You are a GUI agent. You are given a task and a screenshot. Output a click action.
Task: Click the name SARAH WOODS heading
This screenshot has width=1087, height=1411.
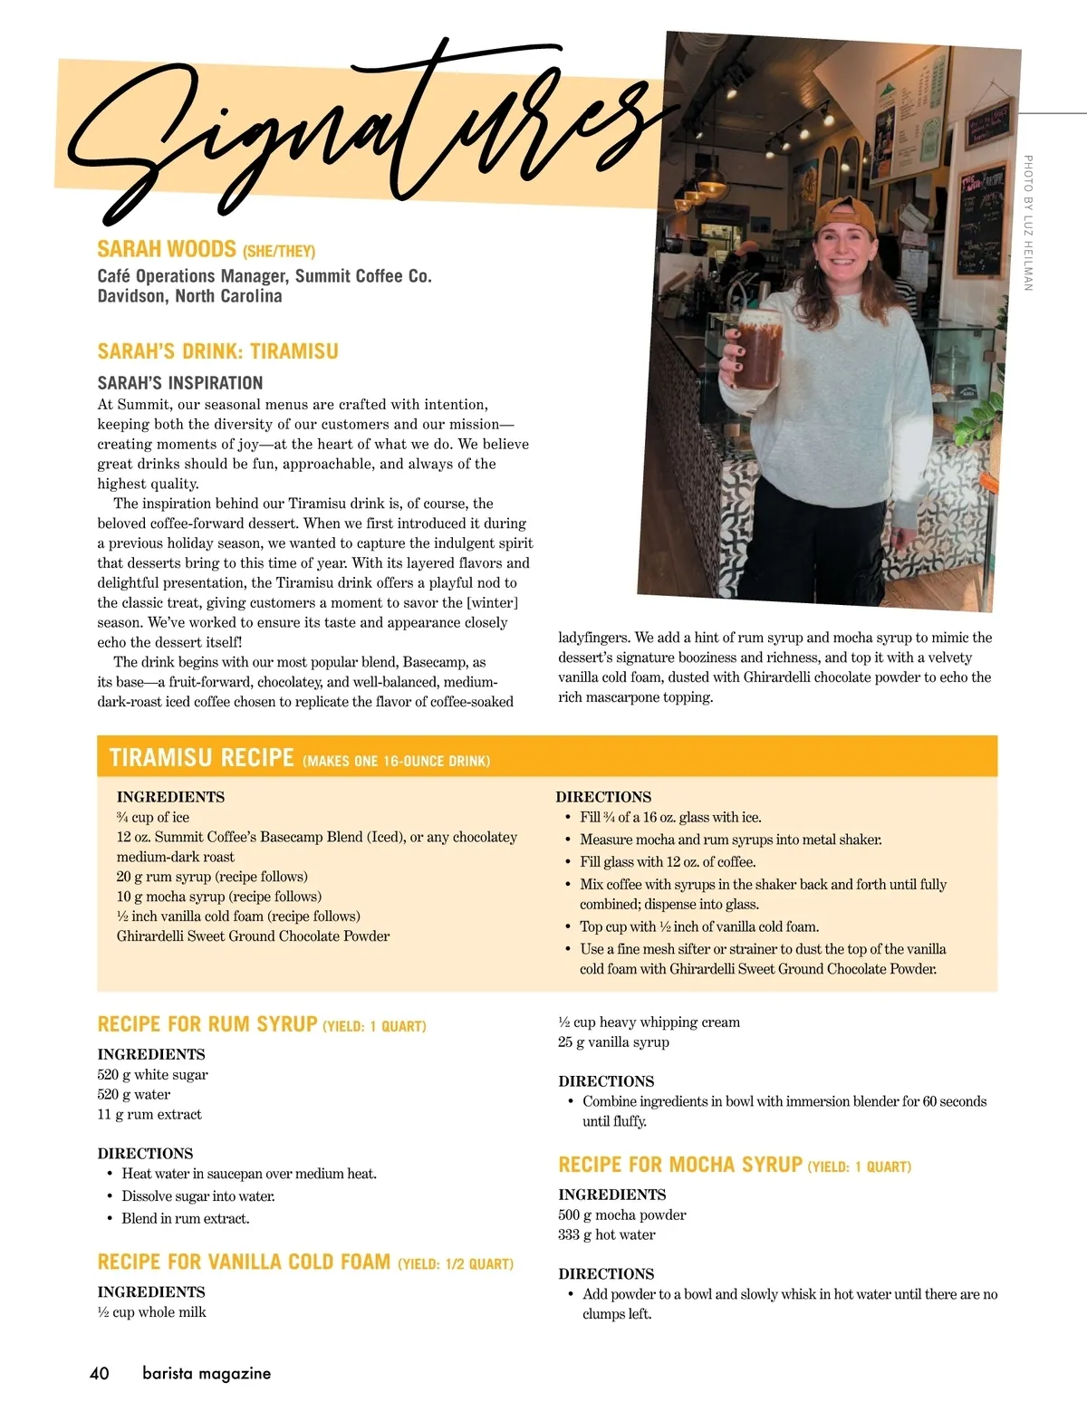click(x=167, y=249)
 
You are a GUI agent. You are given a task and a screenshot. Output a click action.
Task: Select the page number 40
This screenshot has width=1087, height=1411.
click(x=100, y=1373)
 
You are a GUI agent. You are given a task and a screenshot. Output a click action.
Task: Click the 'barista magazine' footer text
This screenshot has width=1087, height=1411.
click(x=207, y=1373)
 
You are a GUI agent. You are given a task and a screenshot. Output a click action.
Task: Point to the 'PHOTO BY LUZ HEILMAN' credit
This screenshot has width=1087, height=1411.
click(x=1028, y=223)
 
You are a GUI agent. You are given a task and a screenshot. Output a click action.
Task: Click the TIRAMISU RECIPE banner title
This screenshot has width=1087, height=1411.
click(x=201, y=757)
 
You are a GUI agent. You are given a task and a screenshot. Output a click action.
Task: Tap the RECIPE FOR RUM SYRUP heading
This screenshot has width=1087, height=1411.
click(x=207, y=1024)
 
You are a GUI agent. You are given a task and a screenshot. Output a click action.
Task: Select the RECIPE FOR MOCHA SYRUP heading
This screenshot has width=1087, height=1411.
click(x=680, y=1165)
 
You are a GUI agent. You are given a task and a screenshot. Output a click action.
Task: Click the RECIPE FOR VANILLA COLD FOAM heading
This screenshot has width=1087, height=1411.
click(x=244, y=1262)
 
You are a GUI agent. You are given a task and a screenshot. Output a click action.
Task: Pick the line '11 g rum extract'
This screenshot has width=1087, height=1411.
click(x=149, y=1114)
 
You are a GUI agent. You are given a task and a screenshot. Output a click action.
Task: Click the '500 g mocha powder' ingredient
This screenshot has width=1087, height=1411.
click(x=622, y=1214)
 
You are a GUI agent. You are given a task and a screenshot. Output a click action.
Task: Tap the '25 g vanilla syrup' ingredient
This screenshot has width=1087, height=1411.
click(x=613, y=1041)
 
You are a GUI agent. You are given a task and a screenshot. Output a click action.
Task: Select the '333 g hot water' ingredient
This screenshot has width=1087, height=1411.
click(x=607, y=1234)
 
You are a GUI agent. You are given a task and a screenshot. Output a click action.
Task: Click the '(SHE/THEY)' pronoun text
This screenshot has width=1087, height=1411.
click(x=279, y=251)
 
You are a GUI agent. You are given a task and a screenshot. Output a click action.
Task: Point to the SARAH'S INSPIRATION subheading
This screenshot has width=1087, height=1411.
click(x=180, y=382)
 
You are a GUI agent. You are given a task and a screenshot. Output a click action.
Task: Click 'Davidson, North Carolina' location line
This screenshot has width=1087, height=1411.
click(x=189, y=296)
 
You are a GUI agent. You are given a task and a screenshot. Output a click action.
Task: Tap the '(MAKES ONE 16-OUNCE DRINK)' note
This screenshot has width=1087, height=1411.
click(x=396, y=761)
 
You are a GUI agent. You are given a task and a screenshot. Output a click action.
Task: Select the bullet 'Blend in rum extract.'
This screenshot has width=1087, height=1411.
click(x=186, y=1218)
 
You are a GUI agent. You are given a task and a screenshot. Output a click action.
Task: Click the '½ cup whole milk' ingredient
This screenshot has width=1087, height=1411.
click(x=152, y=1311)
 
